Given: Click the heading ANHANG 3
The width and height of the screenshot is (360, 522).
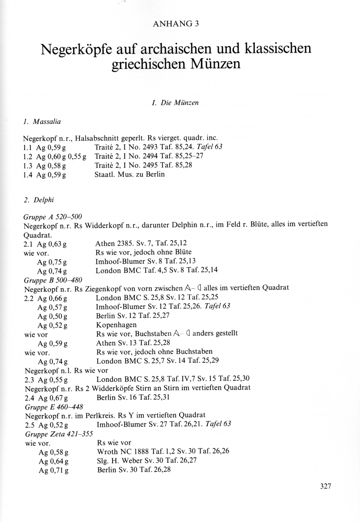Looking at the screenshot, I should tap(176, 24).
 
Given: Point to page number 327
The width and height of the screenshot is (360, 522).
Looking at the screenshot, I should tap(326, 486).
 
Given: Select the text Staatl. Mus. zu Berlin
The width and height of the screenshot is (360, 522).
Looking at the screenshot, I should tap(130, 174).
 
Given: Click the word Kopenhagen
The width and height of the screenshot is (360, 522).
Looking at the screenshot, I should tap(117, 325).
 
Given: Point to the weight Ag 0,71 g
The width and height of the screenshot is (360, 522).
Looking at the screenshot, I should tap(53, 470).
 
